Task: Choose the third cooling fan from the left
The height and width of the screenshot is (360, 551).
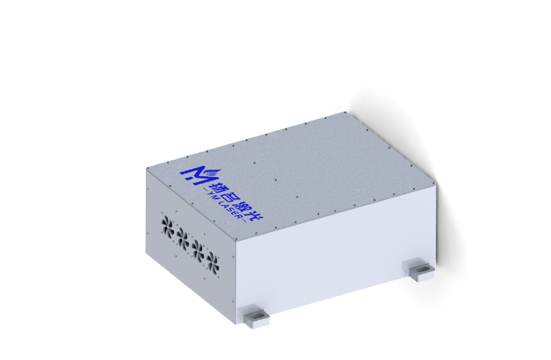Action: [197, 247]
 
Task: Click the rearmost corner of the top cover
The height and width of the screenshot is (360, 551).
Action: [348, 112]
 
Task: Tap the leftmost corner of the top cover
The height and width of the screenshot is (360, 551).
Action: [146, 167]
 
